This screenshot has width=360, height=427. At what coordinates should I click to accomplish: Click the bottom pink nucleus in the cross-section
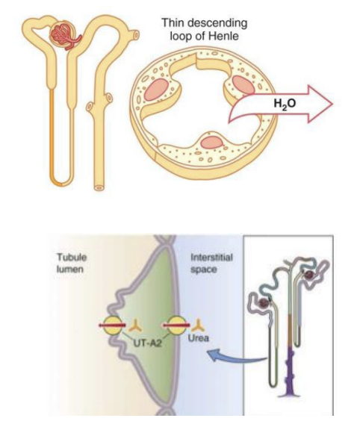click(212, 143)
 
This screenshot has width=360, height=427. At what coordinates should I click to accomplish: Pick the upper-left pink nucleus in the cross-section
click(156, 90)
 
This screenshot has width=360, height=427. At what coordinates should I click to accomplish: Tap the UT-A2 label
click(147, 343)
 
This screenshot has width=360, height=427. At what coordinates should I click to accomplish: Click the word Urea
click(199, 338)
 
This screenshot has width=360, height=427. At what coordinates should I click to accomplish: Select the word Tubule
click(72, 257)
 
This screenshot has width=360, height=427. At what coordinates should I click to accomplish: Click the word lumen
click(69, 269)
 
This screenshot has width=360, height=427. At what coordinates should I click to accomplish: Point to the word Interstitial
click(211, 257)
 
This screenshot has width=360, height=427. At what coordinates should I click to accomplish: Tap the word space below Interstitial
click(204, 269)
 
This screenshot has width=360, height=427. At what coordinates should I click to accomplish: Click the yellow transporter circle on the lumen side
click(113, 325)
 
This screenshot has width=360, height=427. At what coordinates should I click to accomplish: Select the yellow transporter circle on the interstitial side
click(176, 325)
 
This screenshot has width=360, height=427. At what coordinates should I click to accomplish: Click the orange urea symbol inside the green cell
click(135, 326)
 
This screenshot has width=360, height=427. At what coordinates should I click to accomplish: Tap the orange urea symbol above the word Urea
click(199, 325)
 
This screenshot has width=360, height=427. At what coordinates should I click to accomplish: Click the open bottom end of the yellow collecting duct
click(99, 187)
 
